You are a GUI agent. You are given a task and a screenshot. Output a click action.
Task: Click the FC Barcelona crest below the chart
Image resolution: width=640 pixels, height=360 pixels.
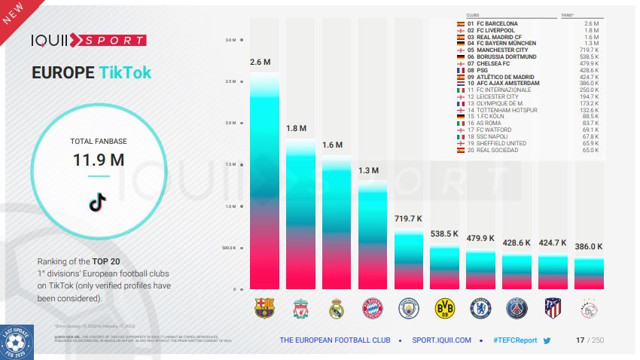click(x=264, y=307)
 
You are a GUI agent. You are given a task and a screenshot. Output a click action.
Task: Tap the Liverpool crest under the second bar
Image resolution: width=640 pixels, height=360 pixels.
click(x=300, y=307)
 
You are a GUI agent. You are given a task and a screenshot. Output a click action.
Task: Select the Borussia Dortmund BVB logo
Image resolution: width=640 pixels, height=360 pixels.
click(x=444, y=307)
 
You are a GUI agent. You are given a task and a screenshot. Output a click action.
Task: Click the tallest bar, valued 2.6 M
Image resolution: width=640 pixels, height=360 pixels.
click(x=264, y=181)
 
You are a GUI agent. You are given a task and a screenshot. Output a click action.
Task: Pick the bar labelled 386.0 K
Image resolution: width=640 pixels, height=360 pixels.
click(x=589, y=273)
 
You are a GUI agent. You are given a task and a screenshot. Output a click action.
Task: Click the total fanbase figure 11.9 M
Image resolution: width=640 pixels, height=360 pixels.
click(x=99, y=160)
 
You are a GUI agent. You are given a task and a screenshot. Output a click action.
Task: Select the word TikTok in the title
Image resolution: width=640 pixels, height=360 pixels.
click(x=125, y=72)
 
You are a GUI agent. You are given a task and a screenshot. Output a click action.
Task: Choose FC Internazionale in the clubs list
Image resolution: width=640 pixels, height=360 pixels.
click(x=495, y=90)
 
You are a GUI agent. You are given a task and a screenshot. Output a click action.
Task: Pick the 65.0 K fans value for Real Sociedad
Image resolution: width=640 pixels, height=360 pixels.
click(x=590, y=150)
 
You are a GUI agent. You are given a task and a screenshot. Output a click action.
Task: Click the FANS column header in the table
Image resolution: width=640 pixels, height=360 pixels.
click(x=590, y=14)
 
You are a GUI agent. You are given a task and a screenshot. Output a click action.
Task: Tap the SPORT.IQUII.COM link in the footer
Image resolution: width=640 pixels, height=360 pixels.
click(x=441, y=340)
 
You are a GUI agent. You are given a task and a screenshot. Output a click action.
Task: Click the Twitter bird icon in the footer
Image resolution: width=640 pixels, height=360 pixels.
click(x=547, y=340)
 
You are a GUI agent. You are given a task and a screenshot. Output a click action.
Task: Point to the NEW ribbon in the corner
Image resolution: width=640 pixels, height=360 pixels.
click(x=13, y=13)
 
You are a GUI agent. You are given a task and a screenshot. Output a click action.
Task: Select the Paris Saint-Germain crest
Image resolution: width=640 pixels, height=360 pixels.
click(x=517, y=307)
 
